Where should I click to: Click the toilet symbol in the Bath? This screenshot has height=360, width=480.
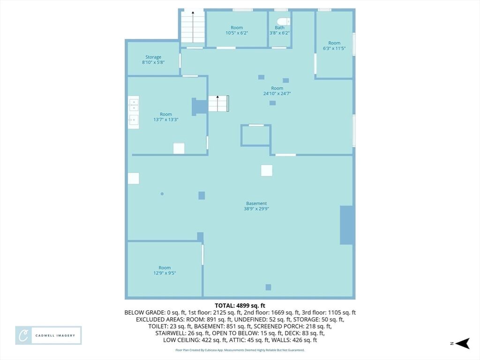[x=283, y=22]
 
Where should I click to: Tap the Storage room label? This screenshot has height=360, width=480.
[x=153, y=60]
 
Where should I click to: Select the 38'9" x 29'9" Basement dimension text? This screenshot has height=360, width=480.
[x=256, y=209]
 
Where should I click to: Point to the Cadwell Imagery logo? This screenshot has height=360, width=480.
[x=48, y=336]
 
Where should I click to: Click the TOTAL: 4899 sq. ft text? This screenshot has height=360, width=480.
[x=240, y=306]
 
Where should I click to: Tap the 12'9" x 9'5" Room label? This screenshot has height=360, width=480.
[x=165, y=270]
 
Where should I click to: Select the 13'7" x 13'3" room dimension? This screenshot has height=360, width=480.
[x=165, y=120]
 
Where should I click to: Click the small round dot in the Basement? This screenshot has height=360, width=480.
[x=162, y=194]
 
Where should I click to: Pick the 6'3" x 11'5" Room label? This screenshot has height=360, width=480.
[x=334, y=45]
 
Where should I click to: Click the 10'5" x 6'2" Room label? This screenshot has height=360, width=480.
[x=237, y=30]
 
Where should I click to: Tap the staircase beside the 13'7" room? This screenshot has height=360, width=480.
[x=218, y=104]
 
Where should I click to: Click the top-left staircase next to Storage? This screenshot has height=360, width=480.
[x=193, y=27]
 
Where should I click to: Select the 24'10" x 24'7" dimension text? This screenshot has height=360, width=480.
[x=277, y=94]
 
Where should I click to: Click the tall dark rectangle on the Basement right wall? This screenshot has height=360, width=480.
[x=346, y=225]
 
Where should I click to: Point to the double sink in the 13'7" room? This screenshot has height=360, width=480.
[x=134, y=112]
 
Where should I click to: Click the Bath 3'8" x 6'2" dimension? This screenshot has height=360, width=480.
[x=279, y=33]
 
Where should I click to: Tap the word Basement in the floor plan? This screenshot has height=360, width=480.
[x=256, y=203]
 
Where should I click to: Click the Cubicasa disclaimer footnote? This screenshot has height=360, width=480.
[x=240, y=350]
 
